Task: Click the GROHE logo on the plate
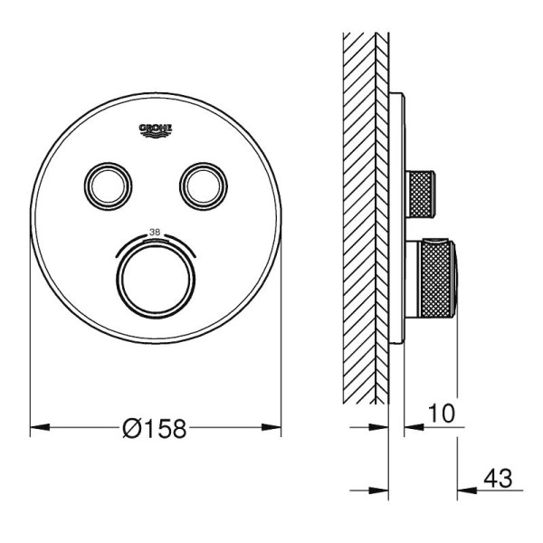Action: pos(156,129)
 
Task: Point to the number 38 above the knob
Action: pos(155,233)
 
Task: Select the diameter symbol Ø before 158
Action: pos(132,429)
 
